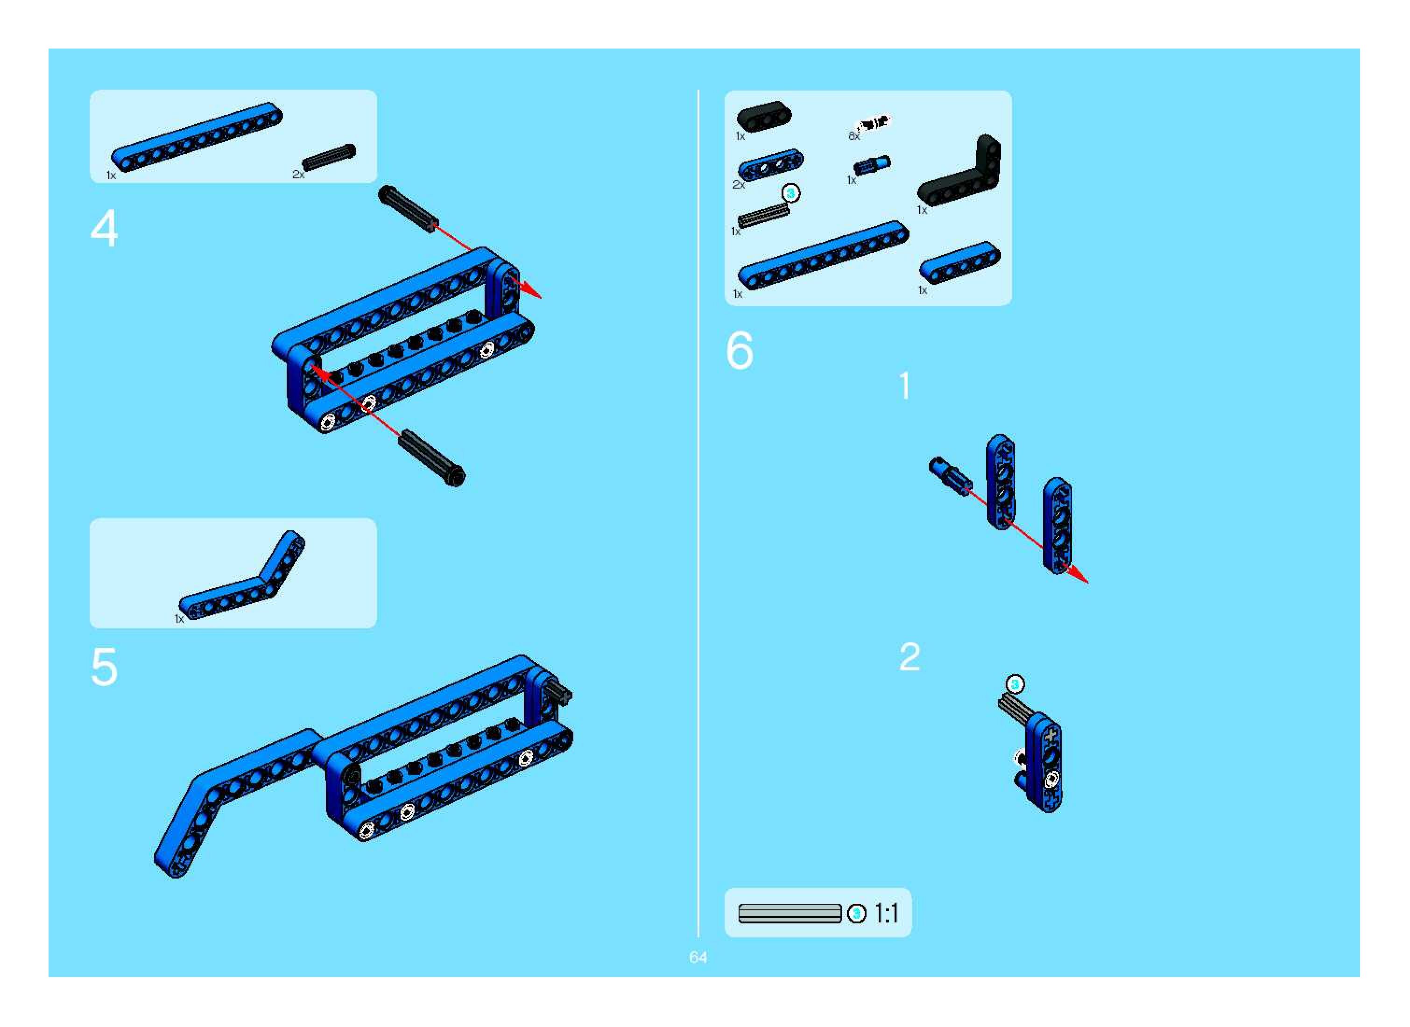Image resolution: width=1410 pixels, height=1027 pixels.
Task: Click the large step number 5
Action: (104, 667)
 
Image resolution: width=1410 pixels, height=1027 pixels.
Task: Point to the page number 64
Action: (698, 957)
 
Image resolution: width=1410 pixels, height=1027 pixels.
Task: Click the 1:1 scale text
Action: (887, 913)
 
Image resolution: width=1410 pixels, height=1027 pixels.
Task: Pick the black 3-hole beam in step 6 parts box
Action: (764, 116)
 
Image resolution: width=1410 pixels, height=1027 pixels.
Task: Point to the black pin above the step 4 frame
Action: (409, 209)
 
